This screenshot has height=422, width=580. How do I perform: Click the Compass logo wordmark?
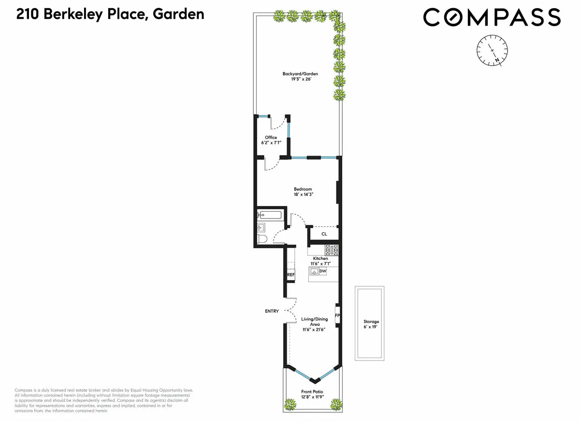[x=492, y=18]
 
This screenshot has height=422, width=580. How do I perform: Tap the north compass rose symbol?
[x=493, y=50]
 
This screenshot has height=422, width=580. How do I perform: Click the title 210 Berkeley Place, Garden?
[x=110, y=15]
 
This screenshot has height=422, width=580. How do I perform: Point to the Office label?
[x=271, y=137]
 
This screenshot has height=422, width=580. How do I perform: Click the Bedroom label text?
[x=303, y=189]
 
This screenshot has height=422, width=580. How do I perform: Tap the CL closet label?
[x=324, y=234]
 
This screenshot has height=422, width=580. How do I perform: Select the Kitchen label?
[x=320, y=259]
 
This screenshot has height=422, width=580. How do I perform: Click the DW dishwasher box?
[x=323, y=272]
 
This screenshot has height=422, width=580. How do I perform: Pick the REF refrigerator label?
[x=291, y=275]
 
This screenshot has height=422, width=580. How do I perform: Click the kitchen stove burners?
[x=332, y=250]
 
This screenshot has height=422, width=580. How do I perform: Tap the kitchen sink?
[x=314, y=272]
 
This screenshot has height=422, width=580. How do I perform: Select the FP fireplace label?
[x=337, y=316]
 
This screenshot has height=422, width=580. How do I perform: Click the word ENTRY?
[x=272, y=311]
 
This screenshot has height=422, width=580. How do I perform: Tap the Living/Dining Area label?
[x=314, y=321]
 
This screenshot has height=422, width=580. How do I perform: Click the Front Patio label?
[x=312, y=392]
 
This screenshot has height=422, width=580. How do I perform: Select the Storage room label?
[x=371, y=321]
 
